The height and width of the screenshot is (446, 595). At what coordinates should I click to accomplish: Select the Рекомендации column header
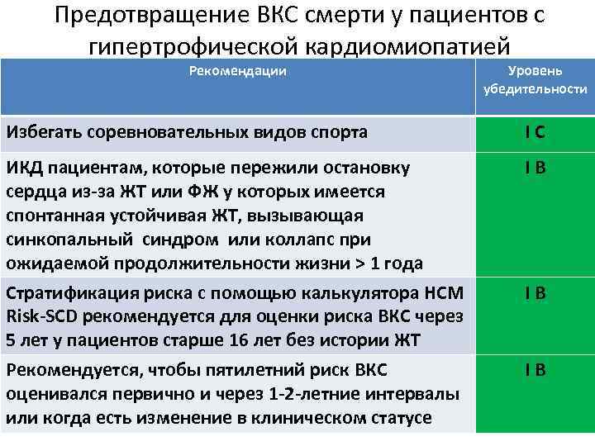pyautogui.click(x=238, y=71)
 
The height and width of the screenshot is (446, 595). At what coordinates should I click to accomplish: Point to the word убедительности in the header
pyautogui.click(x=535, y=89)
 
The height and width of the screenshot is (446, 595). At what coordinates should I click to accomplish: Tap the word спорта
pyautogui.click(x=340, y=131)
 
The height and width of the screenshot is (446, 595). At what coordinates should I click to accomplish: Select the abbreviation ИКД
pyautogui.click(x=24, y=168)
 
